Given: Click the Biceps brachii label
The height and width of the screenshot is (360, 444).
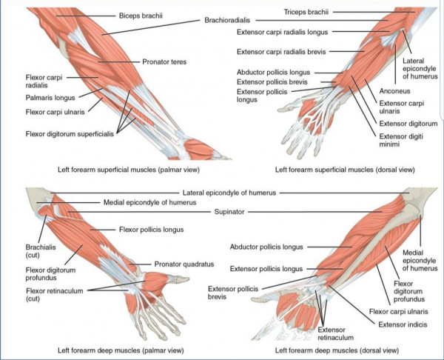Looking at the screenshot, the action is pyautogui.click(x=141, y=16).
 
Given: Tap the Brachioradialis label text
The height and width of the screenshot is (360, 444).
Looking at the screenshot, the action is pyautogui.click(x=227, y=21).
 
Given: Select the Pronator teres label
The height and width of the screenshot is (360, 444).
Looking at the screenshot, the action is pyautogui.click(x=164, y=61).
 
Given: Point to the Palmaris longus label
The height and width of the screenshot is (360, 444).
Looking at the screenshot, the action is pyautogui.click(x=50, y=98).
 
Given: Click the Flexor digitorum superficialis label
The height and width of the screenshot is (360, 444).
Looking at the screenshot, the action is pyautogui.click(x=70, y=134).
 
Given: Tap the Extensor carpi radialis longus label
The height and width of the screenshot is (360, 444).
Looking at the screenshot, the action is pyautogui.click(x=283, y=32).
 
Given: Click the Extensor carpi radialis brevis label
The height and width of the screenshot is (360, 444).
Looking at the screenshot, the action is pyautogui.click(x=281, y=52).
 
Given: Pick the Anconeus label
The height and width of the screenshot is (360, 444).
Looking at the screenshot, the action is pyautogui.click(x=394, y=91).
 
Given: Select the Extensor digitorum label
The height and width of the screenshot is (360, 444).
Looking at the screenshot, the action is pyautogui.click(x=408, y=124).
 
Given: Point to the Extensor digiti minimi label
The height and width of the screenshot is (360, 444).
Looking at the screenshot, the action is pyautogui.click(x=401, y=140).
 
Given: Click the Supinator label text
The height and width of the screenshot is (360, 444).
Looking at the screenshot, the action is pyautogui.click(x=229, y=212).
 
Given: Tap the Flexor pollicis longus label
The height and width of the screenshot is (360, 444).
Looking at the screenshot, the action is pyautogui.click(x=151, y=230).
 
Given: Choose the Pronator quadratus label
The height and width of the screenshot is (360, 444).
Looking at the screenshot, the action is pyautogui.click(x=184, y=264).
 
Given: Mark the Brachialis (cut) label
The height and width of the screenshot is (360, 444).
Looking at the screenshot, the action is pyautogui.click(x=41, y=251).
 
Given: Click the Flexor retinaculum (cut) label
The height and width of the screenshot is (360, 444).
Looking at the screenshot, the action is pyautogui.click(x=54, y=295).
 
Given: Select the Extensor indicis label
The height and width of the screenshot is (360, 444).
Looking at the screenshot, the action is pyautogui.click(x=403, y=324).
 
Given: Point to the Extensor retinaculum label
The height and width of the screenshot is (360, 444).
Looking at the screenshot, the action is pyautogui.click(x=335, y=333).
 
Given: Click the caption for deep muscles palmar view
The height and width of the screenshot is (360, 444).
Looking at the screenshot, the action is pyautogui.click(x=121, y=350).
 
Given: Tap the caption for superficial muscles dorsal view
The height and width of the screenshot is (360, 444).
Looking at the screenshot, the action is pyautogui.click(x=345, y=170).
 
